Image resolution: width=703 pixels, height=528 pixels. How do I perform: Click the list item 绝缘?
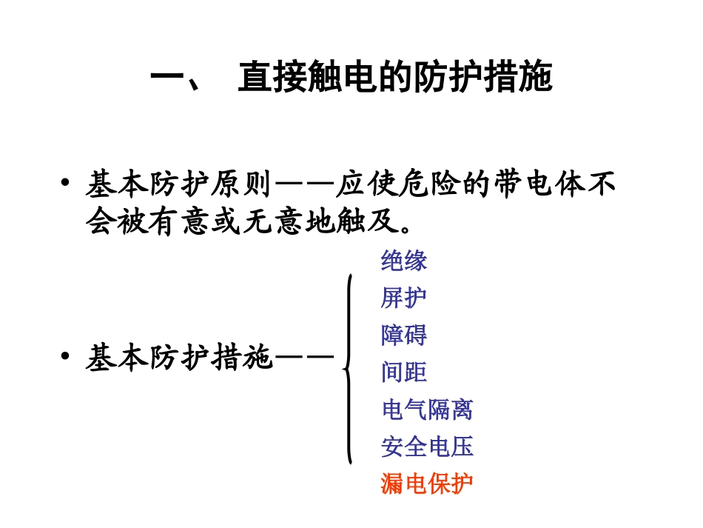[404, 261]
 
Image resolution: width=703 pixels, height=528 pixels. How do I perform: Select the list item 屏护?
[404, 298]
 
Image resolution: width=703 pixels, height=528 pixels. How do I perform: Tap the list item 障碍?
[404, 335]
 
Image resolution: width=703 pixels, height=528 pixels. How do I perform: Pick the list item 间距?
[404, 372]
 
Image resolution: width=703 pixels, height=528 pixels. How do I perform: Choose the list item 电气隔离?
[427, 410]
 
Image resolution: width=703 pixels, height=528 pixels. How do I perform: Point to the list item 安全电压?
[427, 447]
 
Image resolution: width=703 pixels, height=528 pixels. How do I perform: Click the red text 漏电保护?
[427, 484]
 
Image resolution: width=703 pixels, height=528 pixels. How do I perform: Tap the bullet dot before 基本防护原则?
[67, 183]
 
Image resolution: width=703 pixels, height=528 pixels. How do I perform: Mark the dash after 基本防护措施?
[305, 359]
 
